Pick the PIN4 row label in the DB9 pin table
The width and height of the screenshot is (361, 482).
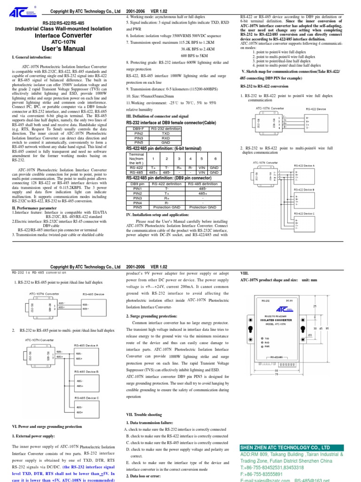click(x=138, y=203)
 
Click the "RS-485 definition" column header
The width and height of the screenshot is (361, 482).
click(x=202, y=184)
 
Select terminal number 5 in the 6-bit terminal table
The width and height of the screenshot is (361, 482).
click(x=201, y=159)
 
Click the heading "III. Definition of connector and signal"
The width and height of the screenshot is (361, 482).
click(x=157, y=115)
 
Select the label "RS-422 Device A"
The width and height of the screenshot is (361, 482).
click(x=304, y=165)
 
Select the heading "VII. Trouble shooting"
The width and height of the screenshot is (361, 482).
click(x=143, y=414)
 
